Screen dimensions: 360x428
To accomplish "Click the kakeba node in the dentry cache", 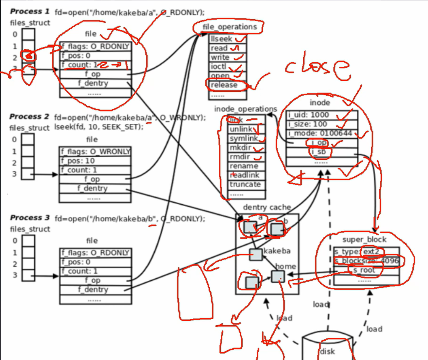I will tap(256, 255).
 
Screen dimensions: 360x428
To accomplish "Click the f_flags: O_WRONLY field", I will tap(95, 152).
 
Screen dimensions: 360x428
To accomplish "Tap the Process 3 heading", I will tap(29, 218).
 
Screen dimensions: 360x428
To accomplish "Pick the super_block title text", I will tap(364, 240).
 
